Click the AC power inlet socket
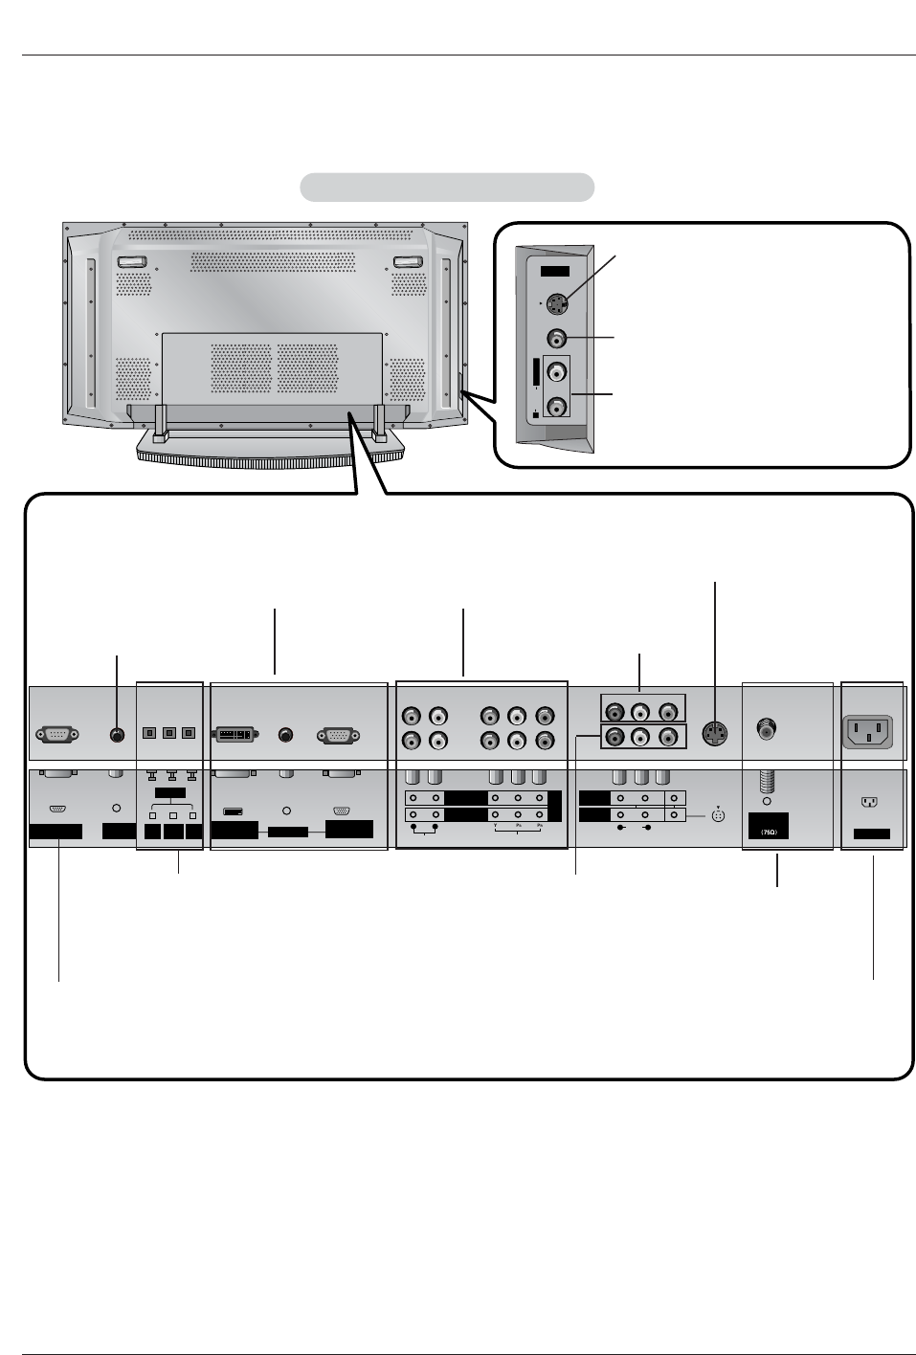click(867, 733)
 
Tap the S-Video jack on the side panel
click(558, 305)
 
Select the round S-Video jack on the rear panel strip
click(714, 734)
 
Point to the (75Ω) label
click(768, 833)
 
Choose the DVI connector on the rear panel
click(235, 735)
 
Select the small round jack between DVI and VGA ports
click(285, 735)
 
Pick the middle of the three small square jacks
click(169, 734)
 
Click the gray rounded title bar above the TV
click(447, 188)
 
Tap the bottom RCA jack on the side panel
click(556, 407)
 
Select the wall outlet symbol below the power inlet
click(870, 804)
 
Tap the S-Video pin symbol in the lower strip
click(718, 816)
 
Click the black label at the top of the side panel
click(555, 272)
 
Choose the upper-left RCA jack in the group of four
click(412, 716)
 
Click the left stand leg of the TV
click(160, 422)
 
